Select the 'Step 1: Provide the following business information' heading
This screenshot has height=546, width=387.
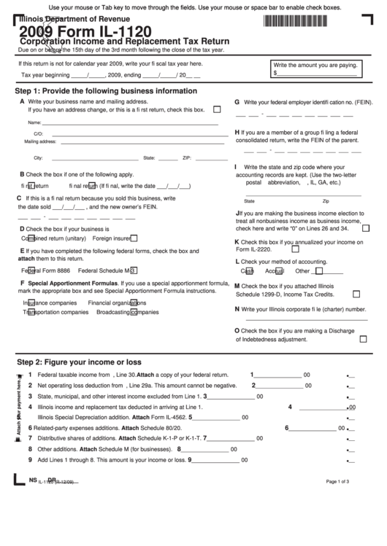coord(106,91)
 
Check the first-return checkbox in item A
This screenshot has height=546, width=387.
coord(216,109)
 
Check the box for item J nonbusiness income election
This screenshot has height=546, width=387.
coord(366,228)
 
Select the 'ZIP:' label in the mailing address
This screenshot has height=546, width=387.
coord(187,157)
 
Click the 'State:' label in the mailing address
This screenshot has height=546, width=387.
coord(149,157)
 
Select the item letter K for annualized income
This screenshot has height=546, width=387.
coord(237,241)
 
